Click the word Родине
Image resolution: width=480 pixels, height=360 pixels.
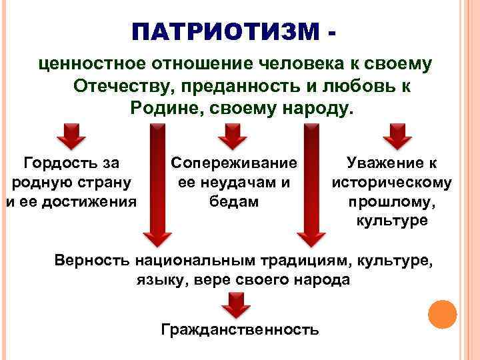pyautogui.click(x=164, y=108)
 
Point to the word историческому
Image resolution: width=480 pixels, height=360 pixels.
pyautogui.click(x=391, y=181)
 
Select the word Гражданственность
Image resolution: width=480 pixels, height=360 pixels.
pyautogui.click(x=240, y=329)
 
